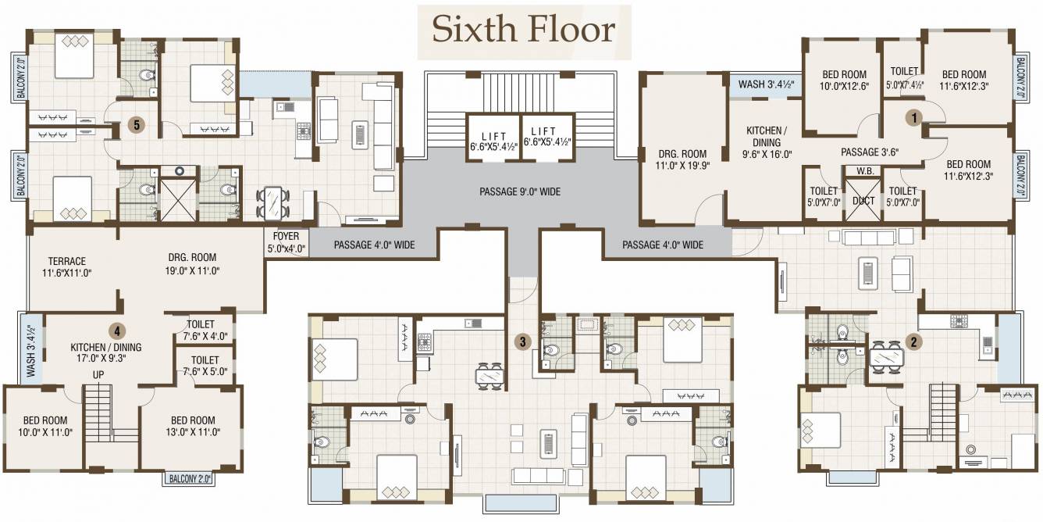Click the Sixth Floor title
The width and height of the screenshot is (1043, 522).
click(524, 30)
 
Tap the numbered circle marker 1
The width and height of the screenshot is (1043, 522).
click(913, 116)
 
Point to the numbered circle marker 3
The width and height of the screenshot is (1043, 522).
click(524, 341)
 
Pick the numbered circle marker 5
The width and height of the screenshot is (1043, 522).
click(137, 124)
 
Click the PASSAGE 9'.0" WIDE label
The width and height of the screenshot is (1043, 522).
click(519, 191)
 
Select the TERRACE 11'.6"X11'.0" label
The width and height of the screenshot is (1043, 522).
click(66, 266)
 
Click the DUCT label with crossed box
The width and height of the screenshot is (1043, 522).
click(863, 200)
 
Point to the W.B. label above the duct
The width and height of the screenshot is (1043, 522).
click(864, 171)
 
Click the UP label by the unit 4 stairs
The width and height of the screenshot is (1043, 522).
click(98, 374)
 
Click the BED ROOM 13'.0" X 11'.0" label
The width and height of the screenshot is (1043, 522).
click(192, 426)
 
